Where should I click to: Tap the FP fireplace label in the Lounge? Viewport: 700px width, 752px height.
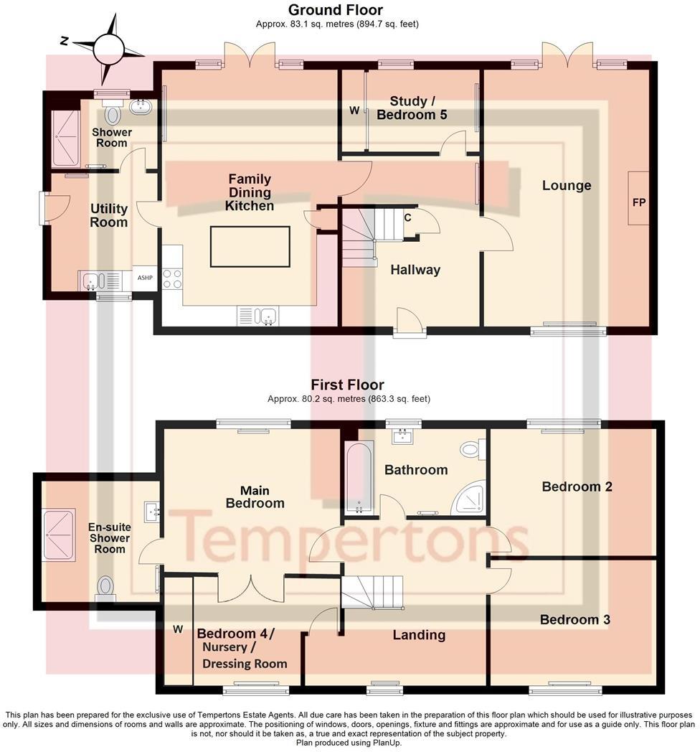coord(638,202)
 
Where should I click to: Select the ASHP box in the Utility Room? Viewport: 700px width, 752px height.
coord(144,278)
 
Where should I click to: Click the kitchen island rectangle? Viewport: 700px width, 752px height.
coord(250,246)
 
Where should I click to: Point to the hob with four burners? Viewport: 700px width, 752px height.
coord(172,278)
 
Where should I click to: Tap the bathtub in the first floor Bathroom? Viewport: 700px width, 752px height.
coord(359,479)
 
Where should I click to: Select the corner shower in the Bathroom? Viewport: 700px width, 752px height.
coord(470,498)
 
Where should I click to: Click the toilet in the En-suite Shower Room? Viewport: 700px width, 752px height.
coord(105,588)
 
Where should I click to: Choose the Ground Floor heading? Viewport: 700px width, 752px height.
coord(335,10)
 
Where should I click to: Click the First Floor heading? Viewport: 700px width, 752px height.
coord(347,385)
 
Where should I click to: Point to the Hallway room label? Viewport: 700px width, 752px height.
coord(415,270)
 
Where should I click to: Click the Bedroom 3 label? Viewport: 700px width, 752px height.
coord(575,619)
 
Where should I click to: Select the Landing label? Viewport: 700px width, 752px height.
coord(419,634)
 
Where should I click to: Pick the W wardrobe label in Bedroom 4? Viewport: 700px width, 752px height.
coord(178,629)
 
